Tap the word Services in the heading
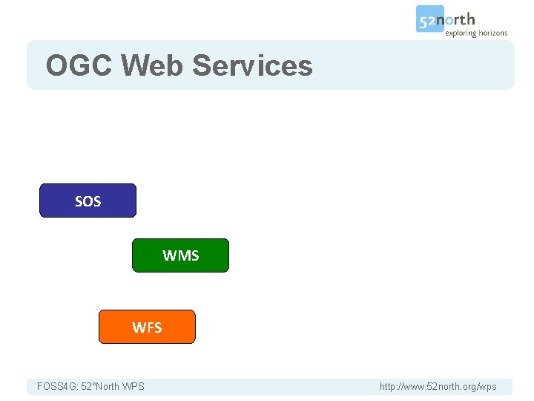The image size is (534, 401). pos(252,66)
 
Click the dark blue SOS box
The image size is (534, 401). pos(88,200)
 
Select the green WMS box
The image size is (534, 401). pos(180,255)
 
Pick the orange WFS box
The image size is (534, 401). pos(147,327)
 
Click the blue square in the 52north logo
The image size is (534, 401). pos(429,19)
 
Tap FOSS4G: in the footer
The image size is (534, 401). pos(58,386)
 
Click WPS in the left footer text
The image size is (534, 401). pos(133,386)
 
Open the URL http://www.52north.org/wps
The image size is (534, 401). pos(438,386)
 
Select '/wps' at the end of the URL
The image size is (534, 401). pos(487,386)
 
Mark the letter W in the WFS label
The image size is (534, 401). pos(138,327)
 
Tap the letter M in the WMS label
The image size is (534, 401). pos(182,255)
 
